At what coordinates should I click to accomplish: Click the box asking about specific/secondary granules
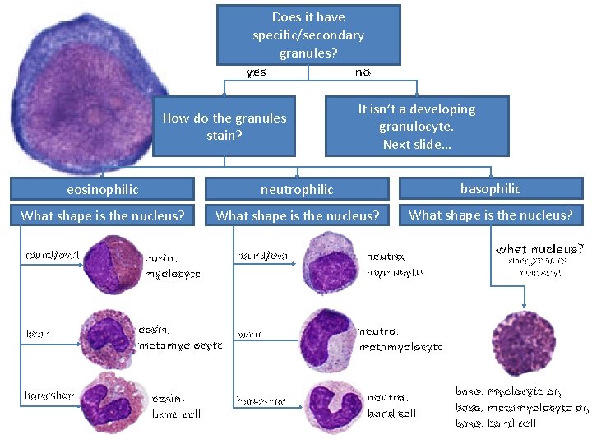[x=308, y=35]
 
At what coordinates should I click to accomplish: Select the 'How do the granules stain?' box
[x=224, y=126]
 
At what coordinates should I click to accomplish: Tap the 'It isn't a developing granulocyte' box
[x=416, y=126]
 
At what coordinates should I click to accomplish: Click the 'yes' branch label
[x=257, y=72]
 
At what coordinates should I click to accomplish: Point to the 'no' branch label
[x=363, y=72]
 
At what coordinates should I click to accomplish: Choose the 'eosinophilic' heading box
[x=102, y=189]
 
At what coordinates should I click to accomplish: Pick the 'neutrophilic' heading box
[x=297, y=189]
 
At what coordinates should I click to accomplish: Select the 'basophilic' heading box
[x=490, y=188]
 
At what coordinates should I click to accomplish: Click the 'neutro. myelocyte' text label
[x=395, y=264]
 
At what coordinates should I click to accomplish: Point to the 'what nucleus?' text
[x=539, y=248]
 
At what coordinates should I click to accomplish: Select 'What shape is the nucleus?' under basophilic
[x=490, y=215]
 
